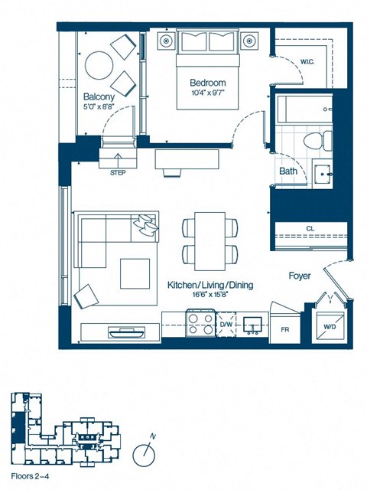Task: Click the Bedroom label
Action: (208, 83)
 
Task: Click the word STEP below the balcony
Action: (118, 173)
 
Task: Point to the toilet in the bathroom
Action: (315, 140)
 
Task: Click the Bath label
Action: (288, 171)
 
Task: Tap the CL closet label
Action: (310, 228)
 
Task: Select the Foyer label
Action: (299, 276)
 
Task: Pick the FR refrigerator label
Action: (285, 330)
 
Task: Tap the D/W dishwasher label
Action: (226, 325)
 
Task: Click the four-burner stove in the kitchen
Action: (201, 325)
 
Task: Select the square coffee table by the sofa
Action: (135, 273)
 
